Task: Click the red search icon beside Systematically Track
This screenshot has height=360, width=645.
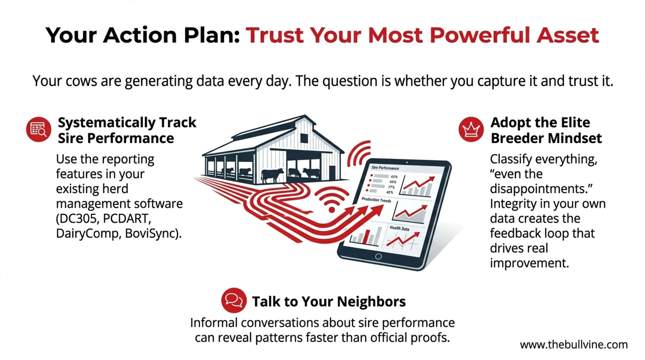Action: pyautogui.click(x=39, y=129)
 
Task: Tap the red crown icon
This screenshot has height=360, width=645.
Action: pyautogui.click(x=471, y=129)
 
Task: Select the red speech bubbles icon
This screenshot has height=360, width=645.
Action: pyautogui.click(x=234, y=300)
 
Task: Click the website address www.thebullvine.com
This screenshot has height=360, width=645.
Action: pyautogui.click(x=574, y=345)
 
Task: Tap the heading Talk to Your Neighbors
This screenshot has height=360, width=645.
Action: pyautogui.click(x=329, y=302)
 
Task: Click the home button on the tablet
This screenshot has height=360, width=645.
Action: pyautogui.click(x=378, y=256)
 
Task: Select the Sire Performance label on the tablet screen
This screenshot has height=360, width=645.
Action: pyautogui.click(x=385, y=168)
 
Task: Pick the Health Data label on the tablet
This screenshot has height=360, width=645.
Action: pyautogui.click(x=399, y=228)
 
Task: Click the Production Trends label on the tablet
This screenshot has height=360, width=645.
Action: pyautogui.click(x=376, y=200)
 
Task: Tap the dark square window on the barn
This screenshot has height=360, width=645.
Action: pyautogui.click(x=304, y=138)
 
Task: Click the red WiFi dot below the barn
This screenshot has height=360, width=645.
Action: pyautogui.click(x=332, y=210)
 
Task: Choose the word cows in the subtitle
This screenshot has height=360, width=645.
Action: pyautogui.click(x=81, y=81)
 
